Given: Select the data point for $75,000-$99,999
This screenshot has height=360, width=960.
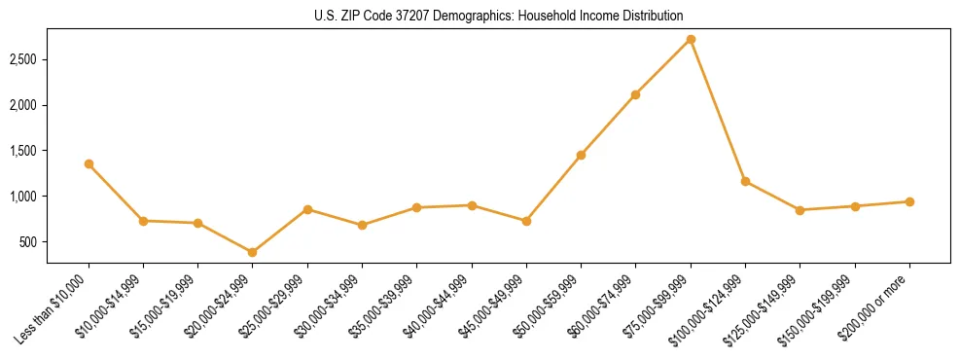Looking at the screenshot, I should [x=691, y=39].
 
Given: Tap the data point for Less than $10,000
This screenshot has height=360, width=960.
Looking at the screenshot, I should [x=89, y=163].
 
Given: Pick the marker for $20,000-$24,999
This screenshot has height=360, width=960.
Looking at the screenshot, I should [x=253, y=252].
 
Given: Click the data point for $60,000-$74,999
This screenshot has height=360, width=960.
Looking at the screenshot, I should [x=636, y=94].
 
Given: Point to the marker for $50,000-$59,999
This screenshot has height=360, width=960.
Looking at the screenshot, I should [x=581, y=155].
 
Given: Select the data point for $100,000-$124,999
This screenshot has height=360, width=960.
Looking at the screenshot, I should [x=745, y=181].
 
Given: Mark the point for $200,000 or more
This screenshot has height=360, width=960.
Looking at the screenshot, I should [x=909, y=201].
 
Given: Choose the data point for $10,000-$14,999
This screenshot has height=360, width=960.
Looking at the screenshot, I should [x=143, y=221].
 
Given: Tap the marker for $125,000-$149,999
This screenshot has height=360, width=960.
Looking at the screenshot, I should [x=800, y=210].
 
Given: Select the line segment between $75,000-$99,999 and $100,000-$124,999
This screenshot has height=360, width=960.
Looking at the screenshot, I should [x=718, y=110].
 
